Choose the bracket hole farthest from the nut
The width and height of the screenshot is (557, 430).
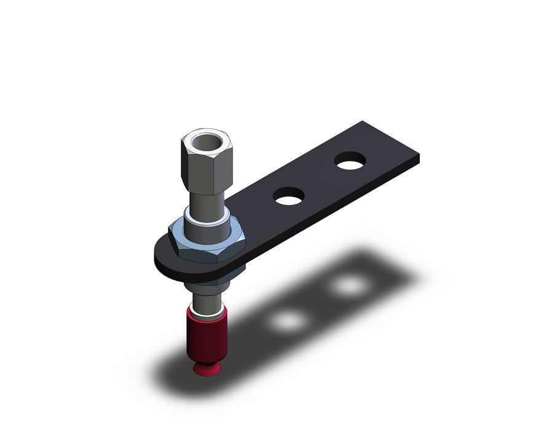click(x=350, y=162)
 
